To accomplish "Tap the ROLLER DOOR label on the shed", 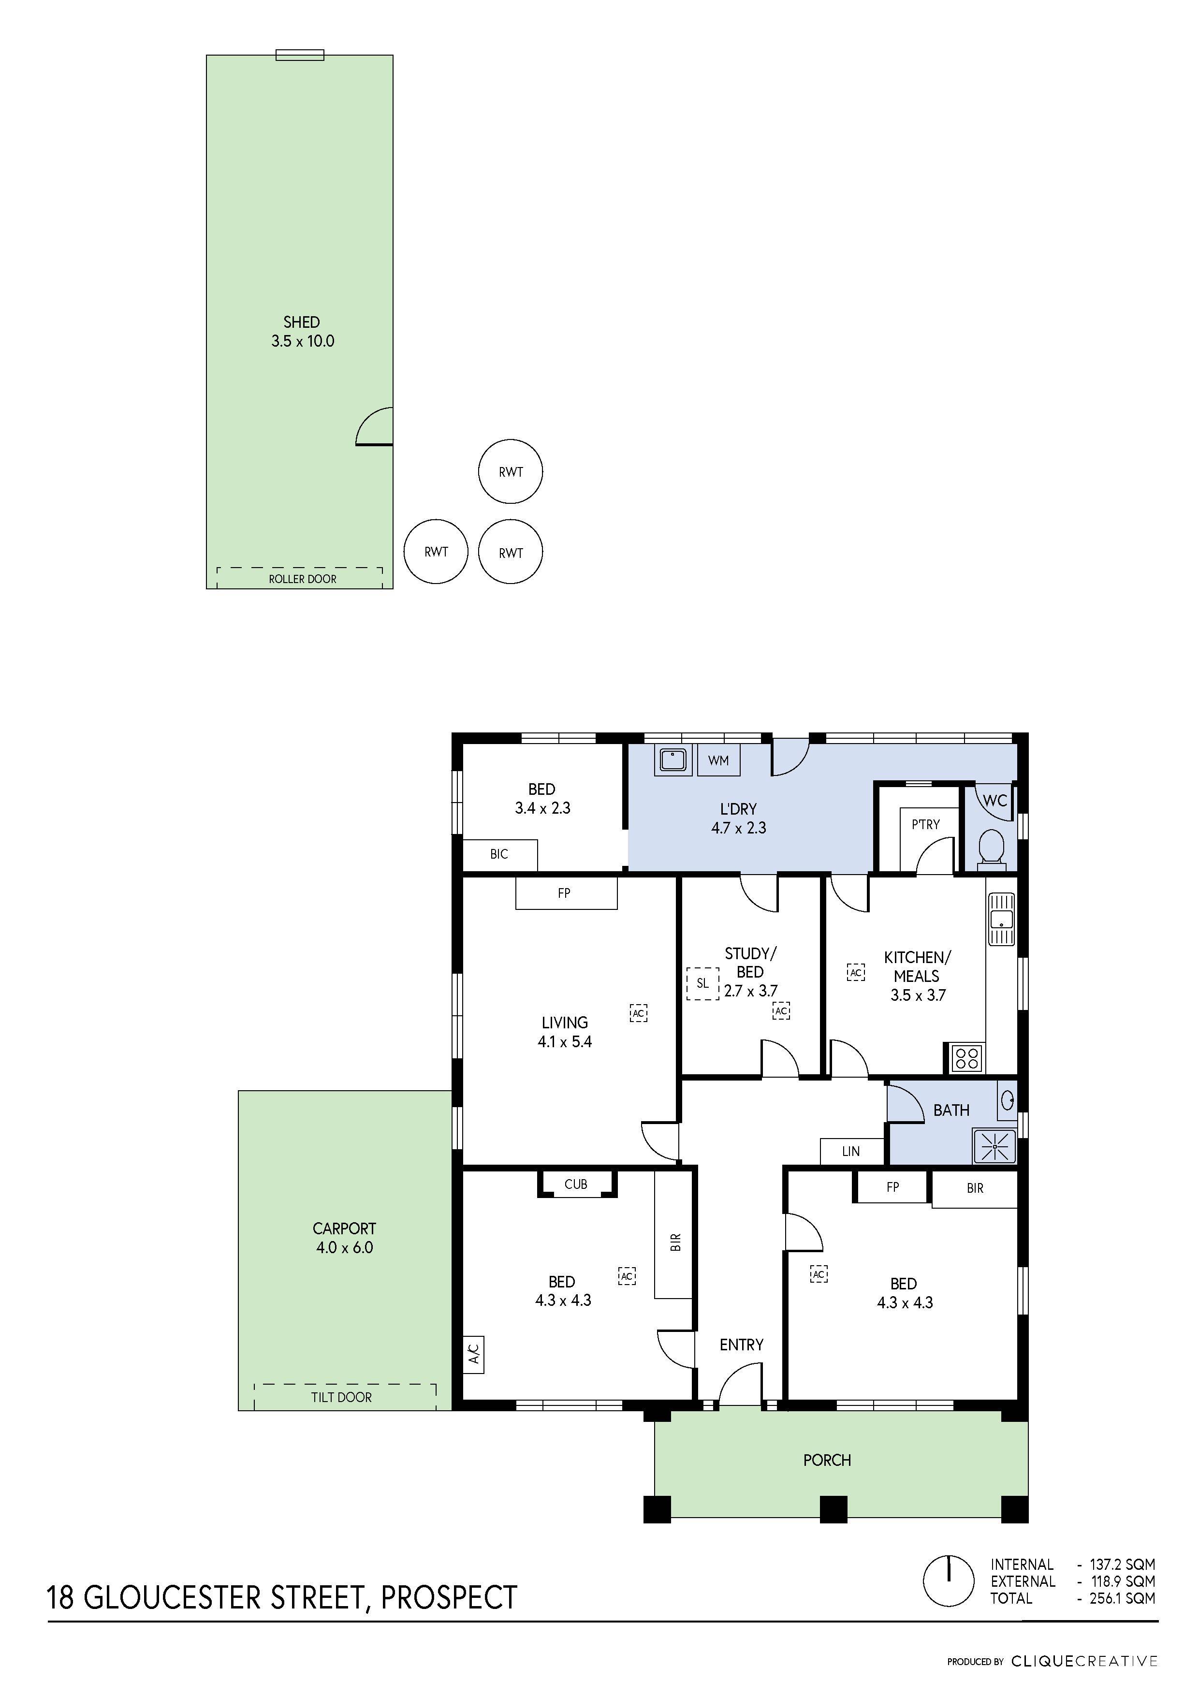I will coord(302,579).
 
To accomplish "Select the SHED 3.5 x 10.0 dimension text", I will coord(302,341).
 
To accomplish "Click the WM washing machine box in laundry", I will coord(718,760).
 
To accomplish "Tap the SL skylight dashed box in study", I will coord(702,983).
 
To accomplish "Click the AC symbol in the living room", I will coord(638,1013).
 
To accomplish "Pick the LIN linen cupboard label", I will coord(850,1151).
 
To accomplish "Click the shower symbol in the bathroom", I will coord(994,1146).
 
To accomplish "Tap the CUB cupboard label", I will coord(575,1184).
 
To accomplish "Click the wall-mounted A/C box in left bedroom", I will coord(473,1354).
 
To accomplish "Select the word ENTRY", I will coord(741,1345).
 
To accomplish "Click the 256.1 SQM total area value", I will coord(1122,1598).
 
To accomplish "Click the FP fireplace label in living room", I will coord(564,893).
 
